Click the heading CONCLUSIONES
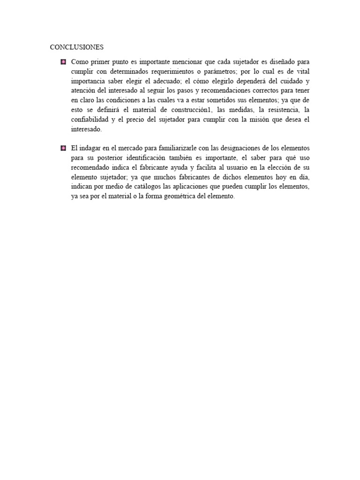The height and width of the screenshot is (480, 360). point(77,47)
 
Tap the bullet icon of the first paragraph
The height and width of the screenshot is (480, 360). point(63,62)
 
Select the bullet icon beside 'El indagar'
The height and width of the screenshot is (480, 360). point(63,148)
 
